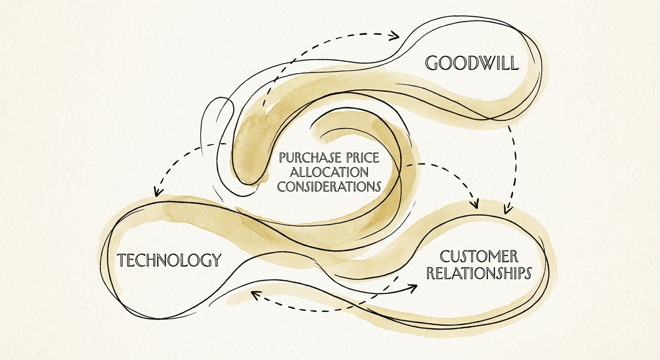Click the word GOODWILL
point(472,63)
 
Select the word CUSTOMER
point(479,256)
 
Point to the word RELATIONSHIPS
point(479,273)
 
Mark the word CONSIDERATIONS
point(328,186)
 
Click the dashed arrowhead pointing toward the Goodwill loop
point(395,35)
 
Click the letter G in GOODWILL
point(432,63)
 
